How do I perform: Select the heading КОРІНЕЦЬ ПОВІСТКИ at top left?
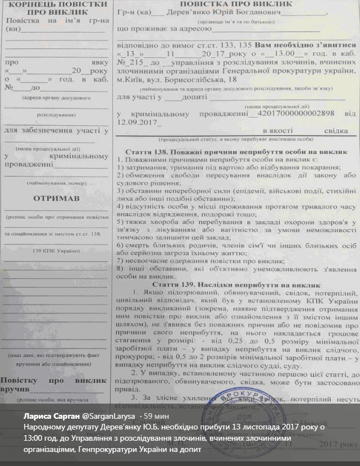click(x=57, y=6)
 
